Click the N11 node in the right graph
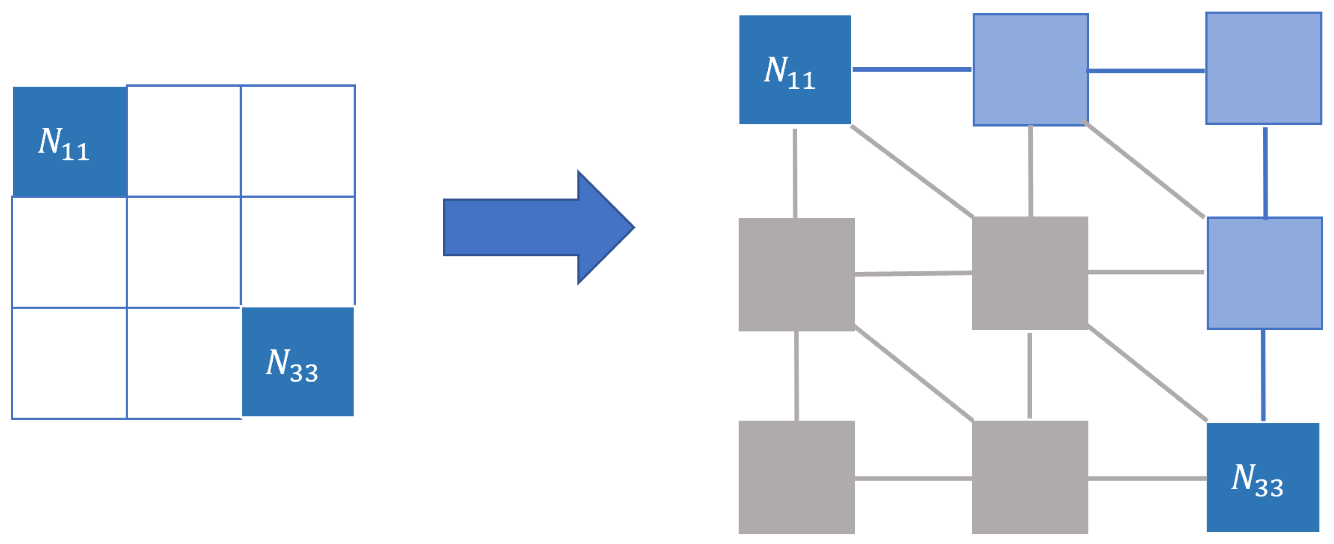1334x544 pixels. (x=795, y=70)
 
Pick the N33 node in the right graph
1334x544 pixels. (x=1262, y=477)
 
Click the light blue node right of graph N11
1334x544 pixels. (x=1030, y=70)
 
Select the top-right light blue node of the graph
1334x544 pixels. (x=1263, y=69)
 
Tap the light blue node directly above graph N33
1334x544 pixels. (x=1264, y=273)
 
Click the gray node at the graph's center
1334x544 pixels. (x=1030, y=273)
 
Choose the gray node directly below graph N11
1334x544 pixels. (x=796, y=274)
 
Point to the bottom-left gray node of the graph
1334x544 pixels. (x=796, y=477)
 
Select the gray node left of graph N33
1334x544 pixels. (x=1030, y=477)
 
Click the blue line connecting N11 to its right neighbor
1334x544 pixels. (x=912, y=69)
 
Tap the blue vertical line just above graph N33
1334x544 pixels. (x=1263, y=375)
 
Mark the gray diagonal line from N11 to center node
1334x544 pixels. (x=912, y=170)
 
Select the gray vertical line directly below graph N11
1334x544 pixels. (x=795, y=173)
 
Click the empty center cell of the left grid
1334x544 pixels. (x=183, y=252)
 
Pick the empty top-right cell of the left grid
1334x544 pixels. (x=298, y=141)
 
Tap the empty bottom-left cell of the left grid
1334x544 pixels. (x=69, y=363)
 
